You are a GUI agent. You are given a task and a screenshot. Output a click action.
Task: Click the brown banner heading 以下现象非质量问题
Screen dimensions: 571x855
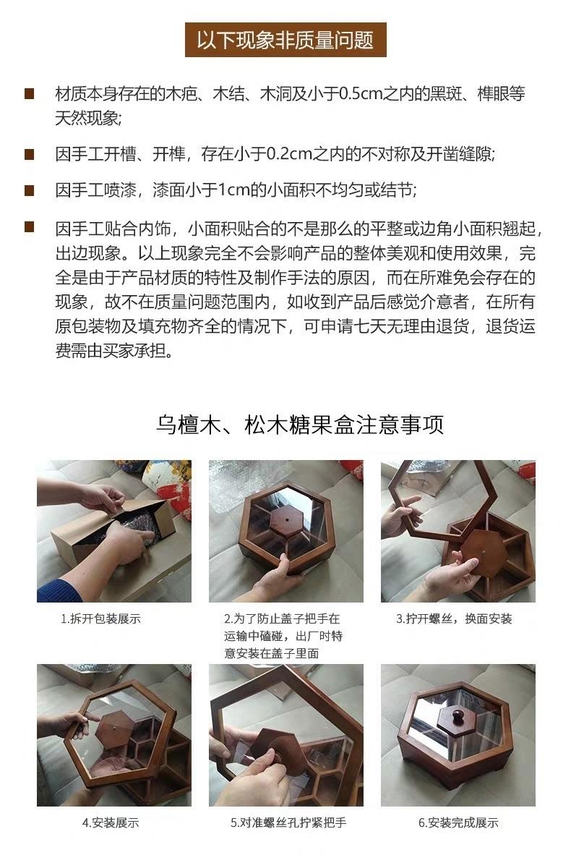pyautogui.click(x=285, y=40)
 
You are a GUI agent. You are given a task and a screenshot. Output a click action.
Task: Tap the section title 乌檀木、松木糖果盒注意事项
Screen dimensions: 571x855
pyautogui.click(x=300, y=424)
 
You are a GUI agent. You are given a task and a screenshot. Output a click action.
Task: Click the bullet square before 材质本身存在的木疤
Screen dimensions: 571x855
pyautogui.click(x=30, y=93)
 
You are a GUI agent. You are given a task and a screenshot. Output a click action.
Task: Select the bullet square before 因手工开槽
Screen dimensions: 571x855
pyautogui.click(x=30, y=154)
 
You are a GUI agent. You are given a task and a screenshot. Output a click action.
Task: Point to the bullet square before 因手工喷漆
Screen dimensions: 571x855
pyautogui.click(x=30, y=190)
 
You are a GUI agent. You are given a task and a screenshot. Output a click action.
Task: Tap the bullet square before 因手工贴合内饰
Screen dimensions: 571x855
pyautogui.click(x=30, y=227)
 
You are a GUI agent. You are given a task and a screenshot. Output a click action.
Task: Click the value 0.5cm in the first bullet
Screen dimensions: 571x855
pyautogui.click(x=361, y=94)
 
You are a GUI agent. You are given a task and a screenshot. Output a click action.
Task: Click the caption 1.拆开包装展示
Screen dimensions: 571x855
pyautogui.click(x=100, y=619)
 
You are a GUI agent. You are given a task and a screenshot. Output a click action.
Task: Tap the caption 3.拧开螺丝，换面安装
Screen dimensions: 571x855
pyautogui.click(x=454, y=619)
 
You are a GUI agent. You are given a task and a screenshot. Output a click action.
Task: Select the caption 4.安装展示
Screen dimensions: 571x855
pyautogui.click(x=111, y=823)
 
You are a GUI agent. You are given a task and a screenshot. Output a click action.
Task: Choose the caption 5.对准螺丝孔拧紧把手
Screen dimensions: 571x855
pyautogui.click(x=288, y=823)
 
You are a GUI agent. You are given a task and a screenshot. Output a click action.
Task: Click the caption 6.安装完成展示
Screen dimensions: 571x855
pyautogui.click(x=458, y=823)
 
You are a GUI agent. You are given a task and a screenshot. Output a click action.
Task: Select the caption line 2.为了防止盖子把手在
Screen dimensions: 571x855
pyautogui.click(x=282, y=619)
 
